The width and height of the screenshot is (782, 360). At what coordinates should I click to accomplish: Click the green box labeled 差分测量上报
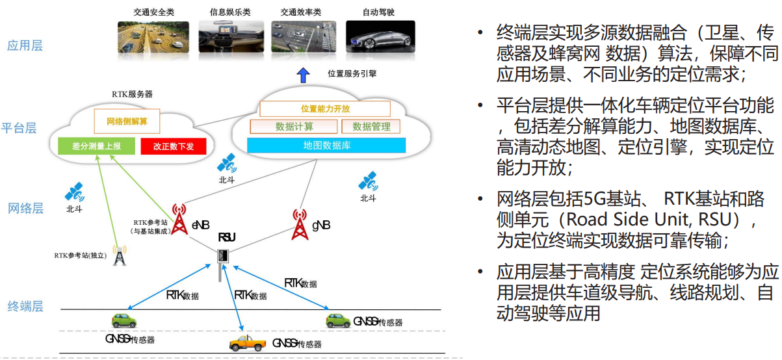tap(96, 146)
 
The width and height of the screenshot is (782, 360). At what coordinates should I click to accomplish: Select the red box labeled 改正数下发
tap(174, 146)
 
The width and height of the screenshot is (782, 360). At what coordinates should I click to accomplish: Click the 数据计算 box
tap(294, 126)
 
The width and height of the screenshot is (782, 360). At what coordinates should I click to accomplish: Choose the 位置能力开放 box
tap(325, 109)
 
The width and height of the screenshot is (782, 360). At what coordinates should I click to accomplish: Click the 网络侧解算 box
tap(126, 122)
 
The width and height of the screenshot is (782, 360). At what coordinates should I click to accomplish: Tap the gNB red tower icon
tap(299, 223)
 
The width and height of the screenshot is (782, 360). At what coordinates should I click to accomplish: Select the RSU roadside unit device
tap(223, 255)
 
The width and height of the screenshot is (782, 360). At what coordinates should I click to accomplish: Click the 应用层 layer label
tap(25, 45)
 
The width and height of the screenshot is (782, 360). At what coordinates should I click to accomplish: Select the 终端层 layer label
tap(25, 306)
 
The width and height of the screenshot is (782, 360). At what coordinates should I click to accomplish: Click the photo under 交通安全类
tap(153, 37)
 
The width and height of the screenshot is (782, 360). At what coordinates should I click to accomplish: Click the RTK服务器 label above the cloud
tap(131, 94)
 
